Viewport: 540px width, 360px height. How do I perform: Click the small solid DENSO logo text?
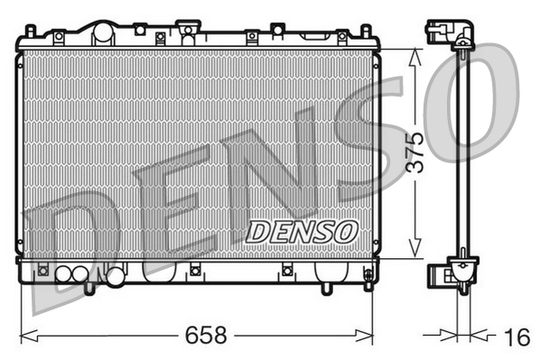[302, 232]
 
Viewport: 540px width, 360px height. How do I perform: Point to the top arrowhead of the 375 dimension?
[414, 52]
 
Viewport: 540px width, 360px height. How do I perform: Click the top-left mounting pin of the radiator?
[29, 32]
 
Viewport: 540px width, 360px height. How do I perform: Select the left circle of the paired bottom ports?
[64, 274]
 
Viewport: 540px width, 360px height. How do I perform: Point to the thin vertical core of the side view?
[462, 153]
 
